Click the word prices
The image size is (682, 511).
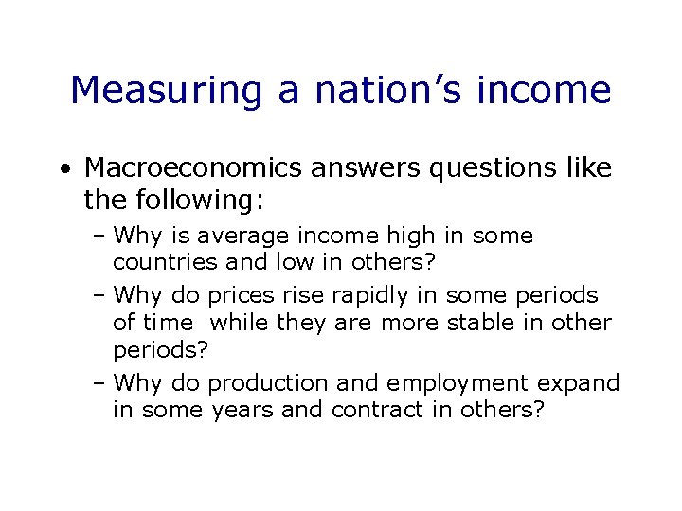coord(240,296)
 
